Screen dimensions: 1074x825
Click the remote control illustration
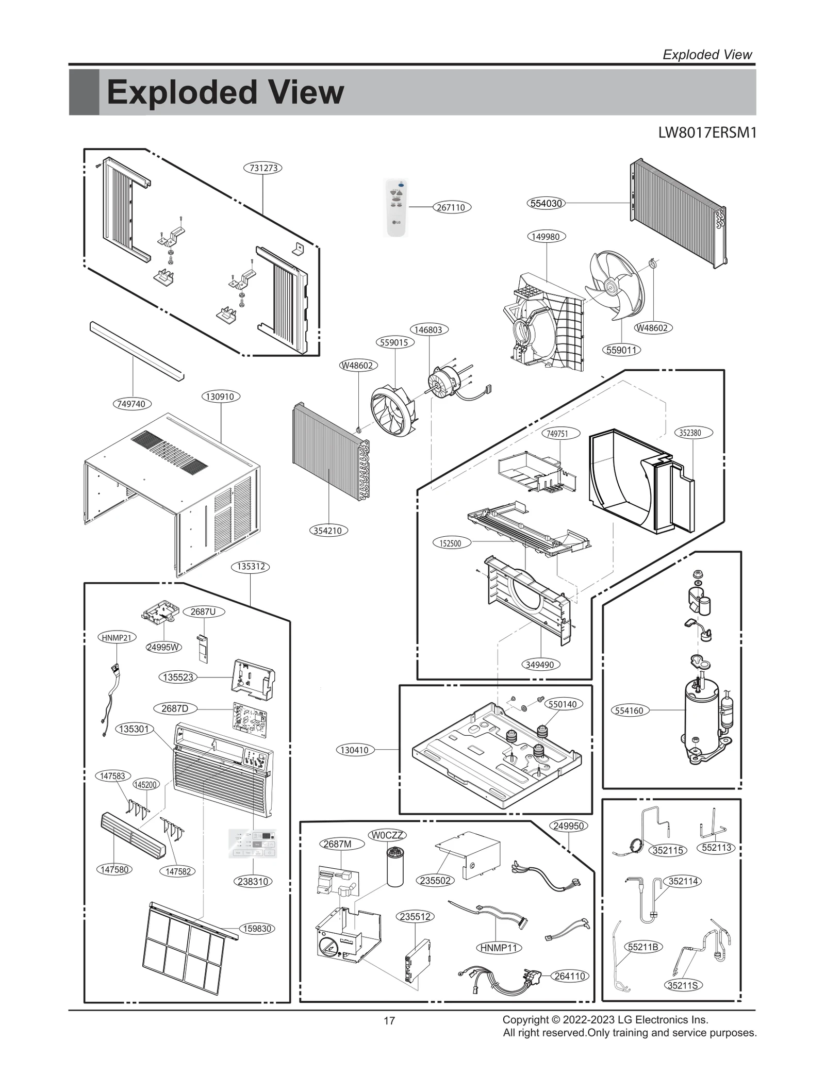point(397,207)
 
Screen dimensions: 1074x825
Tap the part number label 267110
point(451,207)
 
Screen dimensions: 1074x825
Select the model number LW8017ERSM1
point(707,133)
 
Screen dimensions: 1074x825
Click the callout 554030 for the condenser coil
point(546,203)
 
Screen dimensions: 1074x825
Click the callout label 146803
point(429,329)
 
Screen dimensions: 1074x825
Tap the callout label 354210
point(328,531)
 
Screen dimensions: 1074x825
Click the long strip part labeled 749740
point(137,352)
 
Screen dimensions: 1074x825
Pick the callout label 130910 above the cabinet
point(220,396)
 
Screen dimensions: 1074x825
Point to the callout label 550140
point(563,704)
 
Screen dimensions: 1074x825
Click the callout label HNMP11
point(498,948)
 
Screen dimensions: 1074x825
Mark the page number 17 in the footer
point(389,1021)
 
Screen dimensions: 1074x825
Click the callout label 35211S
point(683,985)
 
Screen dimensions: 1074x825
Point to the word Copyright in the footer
point(525,1019)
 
